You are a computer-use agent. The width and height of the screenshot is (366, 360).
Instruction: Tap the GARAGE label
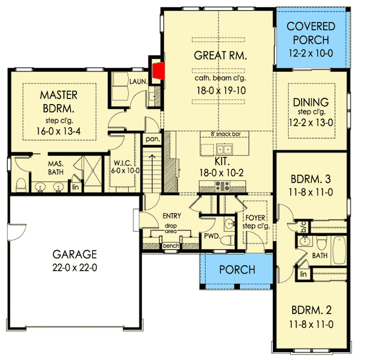pyautogui.click(x=74, y=255)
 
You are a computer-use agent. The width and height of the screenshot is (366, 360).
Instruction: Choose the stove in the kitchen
pyautogui.click(x=221, y=185)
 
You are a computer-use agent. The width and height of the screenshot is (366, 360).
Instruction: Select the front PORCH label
pyautogui.click(x=237, y=270)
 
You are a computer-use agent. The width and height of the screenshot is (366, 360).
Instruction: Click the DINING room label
pyautogui.click(x=311, y=102)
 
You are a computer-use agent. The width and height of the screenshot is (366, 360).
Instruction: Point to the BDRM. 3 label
pyautogui.click(x=311, y=181)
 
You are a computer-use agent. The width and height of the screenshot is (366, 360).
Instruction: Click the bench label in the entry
pyautogui.click(x=170, y=245)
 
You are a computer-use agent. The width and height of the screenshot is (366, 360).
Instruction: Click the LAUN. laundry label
pyautogui.click(x=138, y=81)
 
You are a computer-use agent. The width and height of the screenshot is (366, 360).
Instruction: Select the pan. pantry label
pyautogui.click(x=153, y=139)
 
